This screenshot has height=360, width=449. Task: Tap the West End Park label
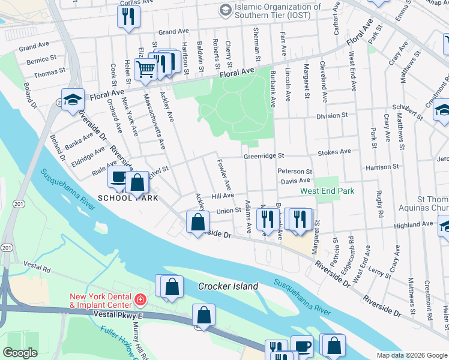pyautogui.click(x=327, y=191)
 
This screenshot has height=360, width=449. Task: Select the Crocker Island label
pyautogui.click(x=228, y=287)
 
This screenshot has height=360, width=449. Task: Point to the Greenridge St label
pyautogui.click(x=262, y=157)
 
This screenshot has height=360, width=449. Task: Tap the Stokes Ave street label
pyautogui.click(x=334, y=152)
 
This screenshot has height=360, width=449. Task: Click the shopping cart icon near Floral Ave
pyautogui.click(x=145, y=70)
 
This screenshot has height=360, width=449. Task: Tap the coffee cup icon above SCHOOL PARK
pyautogui.click(x=118, y=177)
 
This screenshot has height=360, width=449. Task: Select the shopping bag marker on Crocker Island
pyautogui.click(x=172, y=287)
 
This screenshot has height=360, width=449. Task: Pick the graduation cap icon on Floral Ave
pyautogui.click(x=72, y=100)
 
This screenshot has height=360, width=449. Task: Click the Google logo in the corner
pyautogui.click(x=20, y=353)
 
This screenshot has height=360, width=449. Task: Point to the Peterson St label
pyautogui.click(x=295, y=172)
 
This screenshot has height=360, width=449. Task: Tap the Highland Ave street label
pyautogui.click(x=413, y=224)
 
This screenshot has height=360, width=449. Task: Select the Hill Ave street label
pyautogui.click(x=222, y=196)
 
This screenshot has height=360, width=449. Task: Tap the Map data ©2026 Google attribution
pyautogui.click(x=411, y=355)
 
